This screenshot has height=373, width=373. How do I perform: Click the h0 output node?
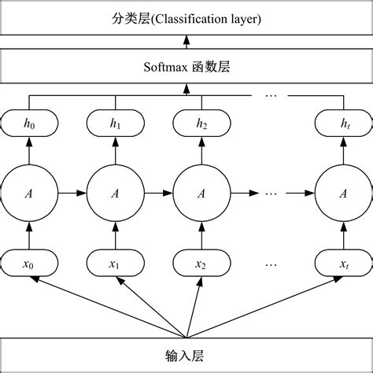click(28, 123)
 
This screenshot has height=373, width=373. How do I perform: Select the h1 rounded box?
click(116, 123)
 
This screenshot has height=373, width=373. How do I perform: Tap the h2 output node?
click(201, 123)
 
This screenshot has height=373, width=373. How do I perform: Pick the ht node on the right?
click(344, 123)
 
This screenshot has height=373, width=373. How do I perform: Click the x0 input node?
click(28, 264)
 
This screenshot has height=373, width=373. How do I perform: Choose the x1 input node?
click(116, 264)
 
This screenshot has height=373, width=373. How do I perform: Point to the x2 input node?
click(201, 264)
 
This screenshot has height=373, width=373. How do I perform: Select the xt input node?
click(344, 264)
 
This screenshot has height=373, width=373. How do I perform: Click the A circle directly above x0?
click(28, 193)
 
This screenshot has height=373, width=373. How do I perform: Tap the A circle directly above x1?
click(116, 193)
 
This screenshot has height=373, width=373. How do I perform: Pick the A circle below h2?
click(201, 193)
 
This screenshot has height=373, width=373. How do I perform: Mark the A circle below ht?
click(344, 193)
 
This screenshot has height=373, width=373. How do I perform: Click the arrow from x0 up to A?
click(28, 235)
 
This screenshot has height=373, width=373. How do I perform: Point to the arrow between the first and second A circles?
click(72, 193)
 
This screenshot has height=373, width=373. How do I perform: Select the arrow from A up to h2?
click(201, 151)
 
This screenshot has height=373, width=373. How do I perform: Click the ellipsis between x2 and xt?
click(272, 264)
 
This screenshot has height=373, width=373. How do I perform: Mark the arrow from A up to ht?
click(344, 151)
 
